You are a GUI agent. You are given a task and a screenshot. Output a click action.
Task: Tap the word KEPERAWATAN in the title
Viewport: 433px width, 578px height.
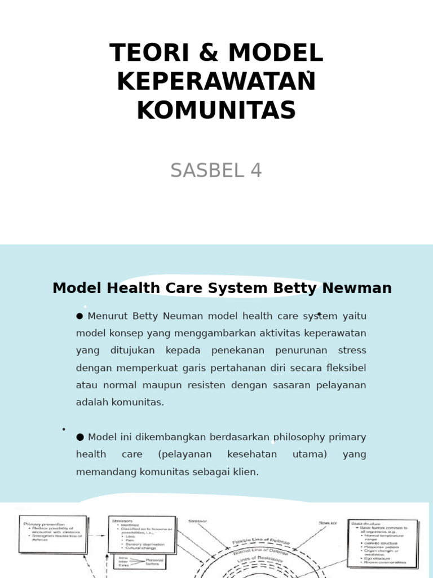(216, 82)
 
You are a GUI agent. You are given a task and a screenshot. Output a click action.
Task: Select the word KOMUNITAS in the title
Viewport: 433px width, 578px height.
(216, 110)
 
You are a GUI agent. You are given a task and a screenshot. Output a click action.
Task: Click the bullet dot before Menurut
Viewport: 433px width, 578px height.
(79, 316)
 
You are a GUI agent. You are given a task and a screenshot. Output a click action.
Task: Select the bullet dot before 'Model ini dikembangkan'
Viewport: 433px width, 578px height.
(79, 437)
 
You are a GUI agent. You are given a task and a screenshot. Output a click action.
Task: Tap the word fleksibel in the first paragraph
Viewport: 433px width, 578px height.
(346, 368)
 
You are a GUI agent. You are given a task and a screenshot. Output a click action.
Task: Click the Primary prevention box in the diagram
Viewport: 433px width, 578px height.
(53, 533)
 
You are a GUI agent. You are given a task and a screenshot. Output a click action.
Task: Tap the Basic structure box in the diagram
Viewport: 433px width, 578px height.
(383, 542)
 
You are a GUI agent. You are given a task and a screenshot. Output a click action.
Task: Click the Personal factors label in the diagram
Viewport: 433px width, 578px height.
(154, 562)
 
